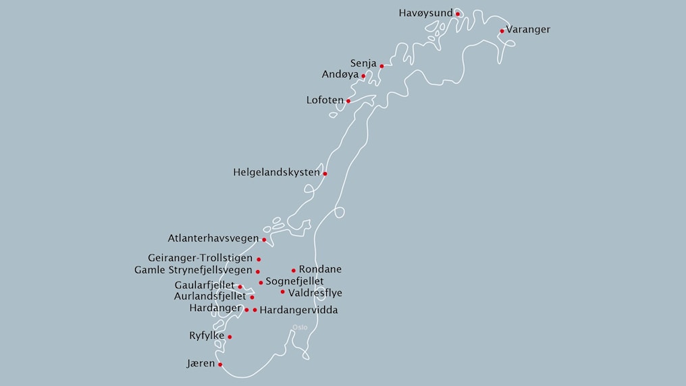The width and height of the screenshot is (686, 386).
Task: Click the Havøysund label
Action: pyautogui.click(x=425, y=13)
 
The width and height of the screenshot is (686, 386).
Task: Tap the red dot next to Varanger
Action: pyautogui.click(x=502, y=30)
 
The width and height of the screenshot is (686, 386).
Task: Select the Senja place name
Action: pyautogui.click(x=363, y=63)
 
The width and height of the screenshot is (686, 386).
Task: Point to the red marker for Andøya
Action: pyautogui.click(x=363, y=76)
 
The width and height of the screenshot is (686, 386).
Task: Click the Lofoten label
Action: pyautogui.click(x=325, y=101)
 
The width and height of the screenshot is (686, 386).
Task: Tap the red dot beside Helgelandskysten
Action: pyautogui.click(x=325, y=173)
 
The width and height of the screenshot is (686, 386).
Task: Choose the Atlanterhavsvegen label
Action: pyautogui.click(x=213, y=238)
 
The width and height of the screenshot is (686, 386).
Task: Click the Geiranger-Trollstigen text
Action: pyautogui.click(x=201, y=258)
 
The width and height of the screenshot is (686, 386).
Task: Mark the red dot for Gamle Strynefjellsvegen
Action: pyautogui.click(x=257, y=271)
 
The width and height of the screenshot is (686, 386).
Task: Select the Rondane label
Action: pyautogui.click(x=320, y=269)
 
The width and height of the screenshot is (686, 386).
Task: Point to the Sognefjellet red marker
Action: pyautogui.click(x=261, y=282)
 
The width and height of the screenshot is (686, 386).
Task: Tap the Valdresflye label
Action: pyautogui.click(x=315, y=293)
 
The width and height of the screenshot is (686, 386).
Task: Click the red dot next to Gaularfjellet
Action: pyautogui.click(x=240, y=287)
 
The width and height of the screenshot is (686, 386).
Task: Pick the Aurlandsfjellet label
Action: pyautogui.click(x=210, y=296)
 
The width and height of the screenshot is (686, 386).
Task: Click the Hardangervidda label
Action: pyautogui.click(x=298, y=310)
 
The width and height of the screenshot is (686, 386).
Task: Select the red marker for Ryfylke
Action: pyautogui.click(x=230, y=337)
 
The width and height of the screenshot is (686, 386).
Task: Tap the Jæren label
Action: pyautogui.click(x=201, y=364)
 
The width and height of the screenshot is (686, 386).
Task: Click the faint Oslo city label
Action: pyautogui.click(x=300, y=328)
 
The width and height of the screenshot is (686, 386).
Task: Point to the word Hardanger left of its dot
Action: pyautogui.click(x=215, y=308)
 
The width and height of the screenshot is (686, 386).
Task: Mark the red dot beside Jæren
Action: pyautogui.click(x=220, y=364)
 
